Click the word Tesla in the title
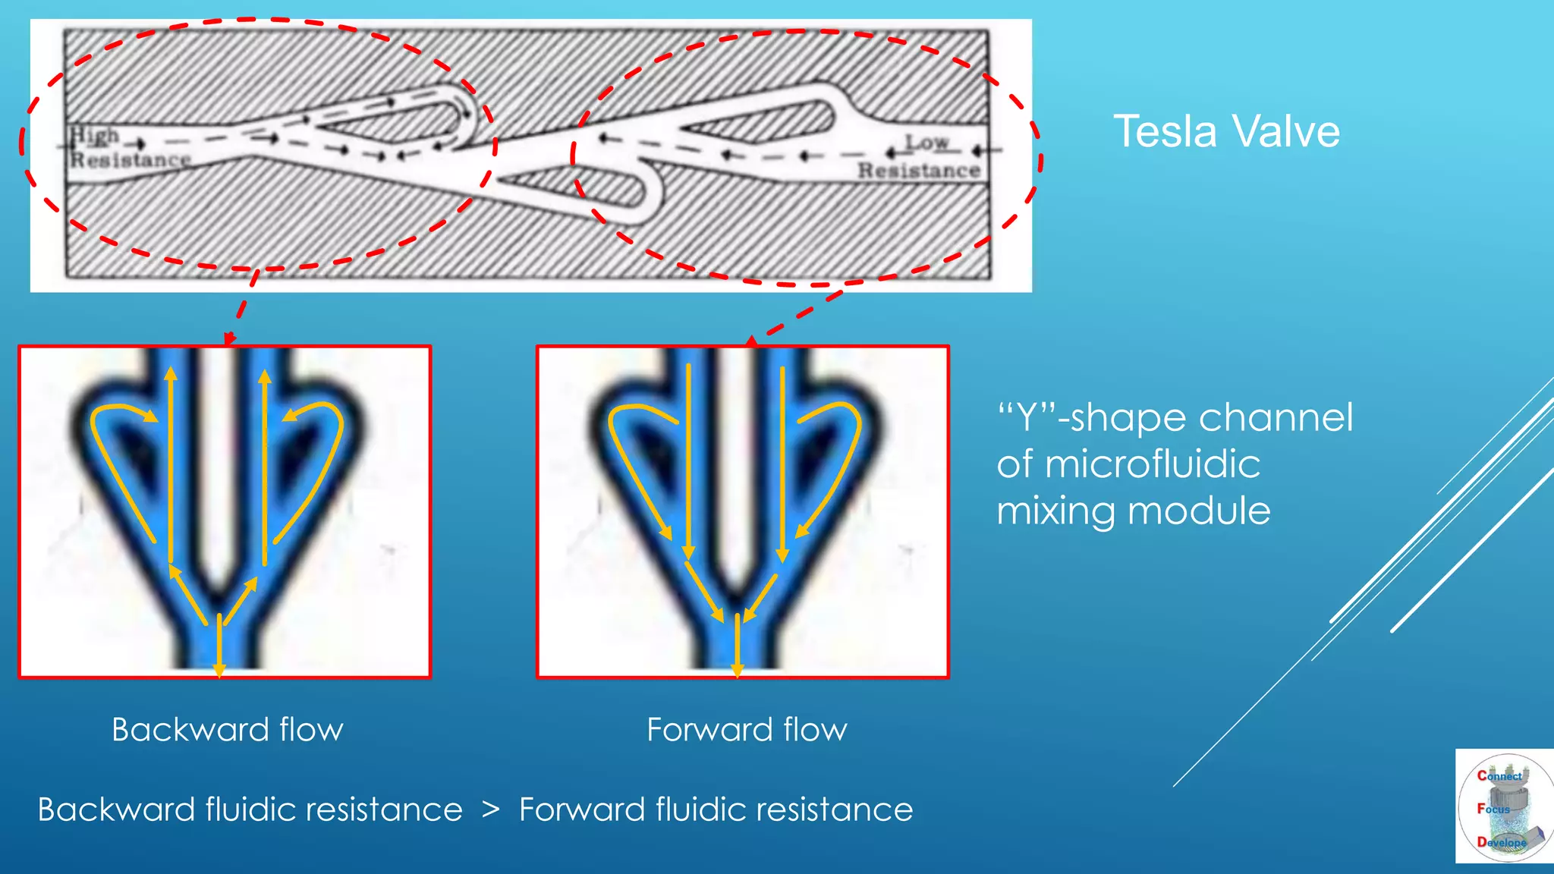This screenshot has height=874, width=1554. tap(1166, 131)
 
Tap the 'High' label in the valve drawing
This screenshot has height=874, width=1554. tap(95, 137)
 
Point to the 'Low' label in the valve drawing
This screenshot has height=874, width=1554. tap(926, 142)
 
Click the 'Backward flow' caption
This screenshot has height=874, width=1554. tap(227, 730)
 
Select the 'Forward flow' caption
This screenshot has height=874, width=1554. tap(747, 730)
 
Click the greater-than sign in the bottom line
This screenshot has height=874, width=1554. tap(491, 810)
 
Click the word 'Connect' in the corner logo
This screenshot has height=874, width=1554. tap(1499, 775)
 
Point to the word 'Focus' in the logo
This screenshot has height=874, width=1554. tap(1493, 809)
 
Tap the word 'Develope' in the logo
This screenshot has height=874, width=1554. tap(1501, 842)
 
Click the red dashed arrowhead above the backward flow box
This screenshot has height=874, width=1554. tap(229, 338)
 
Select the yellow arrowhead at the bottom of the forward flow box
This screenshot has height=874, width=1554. tap(737, 670)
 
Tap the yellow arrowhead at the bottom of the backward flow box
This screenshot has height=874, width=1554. tap(219, 670)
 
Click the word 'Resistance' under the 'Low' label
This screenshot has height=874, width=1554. tap(919, 171)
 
